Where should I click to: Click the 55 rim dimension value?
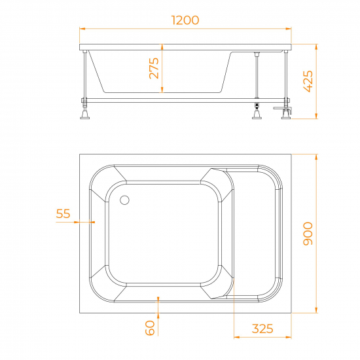click(63, 213)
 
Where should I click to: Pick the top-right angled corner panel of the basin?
click(216, 179)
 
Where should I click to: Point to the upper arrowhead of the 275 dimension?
click(160, 47)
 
